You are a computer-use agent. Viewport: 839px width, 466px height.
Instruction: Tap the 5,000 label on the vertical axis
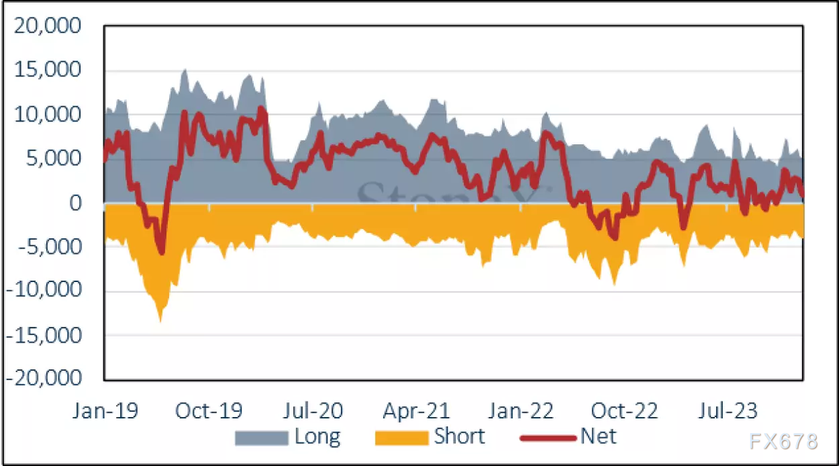click(x=58, y=159)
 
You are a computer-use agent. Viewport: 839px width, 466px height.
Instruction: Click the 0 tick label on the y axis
click(x=76, y=203)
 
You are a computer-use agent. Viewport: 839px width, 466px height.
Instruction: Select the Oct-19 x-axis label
click(x=208, y=410)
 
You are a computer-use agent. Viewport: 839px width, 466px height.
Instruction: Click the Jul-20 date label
click(x=314, y=410)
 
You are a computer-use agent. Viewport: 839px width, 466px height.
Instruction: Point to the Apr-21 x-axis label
click(x=418, y=410)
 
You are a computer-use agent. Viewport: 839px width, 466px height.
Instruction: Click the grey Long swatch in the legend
click(x=262, y=438)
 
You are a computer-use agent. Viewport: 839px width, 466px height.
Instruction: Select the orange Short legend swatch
click(x=401, y=438)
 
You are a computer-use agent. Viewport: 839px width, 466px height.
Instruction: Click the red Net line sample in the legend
click(x=547, y=438)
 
